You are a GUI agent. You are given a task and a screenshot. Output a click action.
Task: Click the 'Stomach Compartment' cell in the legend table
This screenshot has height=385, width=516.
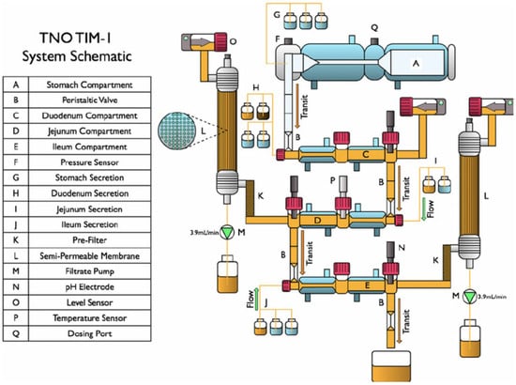pos(89,85)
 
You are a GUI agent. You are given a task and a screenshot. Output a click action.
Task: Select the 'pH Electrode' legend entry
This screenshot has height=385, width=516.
pos(89,286)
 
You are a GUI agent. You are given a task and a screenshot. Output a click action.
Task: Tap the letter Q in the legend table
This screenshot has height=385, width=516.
pos(16,333)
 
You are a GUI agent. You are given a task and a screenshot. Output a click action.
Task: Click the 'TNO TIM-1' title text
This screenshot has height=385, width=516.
pos(75,38)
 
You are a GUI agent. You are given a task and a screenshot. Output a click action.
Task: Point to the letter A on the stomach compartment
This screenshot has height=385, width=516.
pos(416,63)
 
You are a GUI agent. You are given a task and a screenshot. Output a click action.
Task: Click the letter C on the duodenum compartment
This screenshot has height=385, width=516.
pos(365,154)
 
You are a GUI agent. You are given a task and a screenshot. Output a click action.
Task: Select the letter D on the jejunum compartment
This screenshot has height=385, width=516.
pos(317,220)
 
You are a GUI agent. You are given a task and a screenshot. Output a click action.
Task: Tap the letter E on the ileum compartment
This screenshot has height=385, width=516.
pos(367,285)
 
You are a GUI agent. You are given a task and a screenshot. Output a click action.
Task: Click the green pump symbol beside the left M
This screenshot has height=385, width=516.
pos(227,232)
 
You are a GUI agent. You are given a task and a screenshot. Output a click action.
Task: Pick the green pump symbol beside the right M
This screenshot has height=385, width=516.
pos(470,297)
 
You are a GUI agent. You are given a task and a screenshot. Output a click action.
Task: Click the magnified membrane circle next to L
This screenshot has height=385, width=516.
pos(177,131)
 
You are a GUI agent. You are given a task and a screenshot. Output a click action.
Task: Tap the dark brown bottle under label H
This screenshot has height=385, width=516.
pos(264,111)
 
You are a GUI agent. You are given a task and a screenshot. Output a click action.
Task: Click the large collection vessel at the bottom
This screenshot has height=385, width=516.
pos(391,366)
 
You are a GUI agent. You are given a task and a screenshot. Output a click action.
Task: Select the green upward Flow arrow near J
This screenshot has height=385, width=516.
pos(257,299)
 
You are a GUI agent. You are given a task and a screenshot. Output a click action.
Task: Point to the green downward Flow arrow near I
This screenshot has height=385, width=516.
pos(423,209)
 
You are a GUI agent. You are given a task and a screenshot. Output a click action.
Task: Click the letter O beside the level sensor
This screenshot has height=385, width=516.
pos(233,41)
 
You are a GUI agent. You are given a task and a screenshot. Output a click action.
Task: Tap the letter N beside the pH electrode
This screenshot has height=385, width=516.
pos(402,247)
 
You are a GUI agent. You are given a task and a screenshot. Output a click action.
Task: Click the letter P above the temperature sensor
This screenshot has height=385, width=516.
pos(333,180)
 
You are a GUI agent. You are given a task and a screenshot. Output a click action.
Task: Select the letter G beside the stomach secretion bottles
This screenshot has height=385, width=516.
pos(277,15)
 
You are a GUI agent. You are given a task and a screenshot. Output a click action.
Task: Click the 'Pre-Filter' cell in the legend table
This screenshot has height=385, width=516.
pos(89,240)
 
